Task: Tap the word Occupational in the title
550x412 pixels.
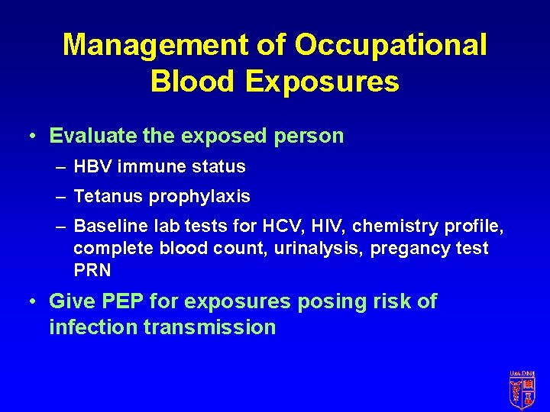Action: pos(390,45)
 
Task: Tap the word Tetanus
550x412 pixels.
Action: pos(108,196)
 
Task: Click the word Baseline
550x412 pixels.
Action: pos(112,227)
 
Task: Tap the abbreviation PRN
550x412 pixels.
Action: pos(92,270)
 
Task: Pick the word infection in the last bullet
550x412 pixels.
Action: pos(83,327)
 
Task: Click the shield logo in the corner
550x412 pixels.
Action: pos(522,388)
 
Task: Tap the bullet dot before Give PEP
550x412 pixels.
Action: pos(32,301)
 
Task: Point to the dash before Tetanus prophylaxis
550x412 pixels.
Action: pos(60,196)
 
